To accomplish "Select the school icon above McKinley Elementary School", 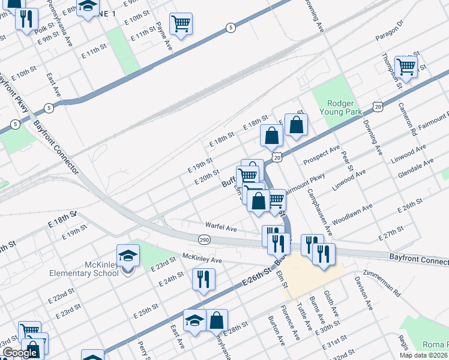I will (128, 256).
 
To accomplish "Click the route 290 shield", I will (203, 239).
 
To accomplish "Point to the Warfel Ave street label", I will (221, 228).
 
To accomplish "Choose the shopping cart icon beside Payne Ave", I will (181, 24).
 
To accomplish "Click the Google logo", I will (20, 353).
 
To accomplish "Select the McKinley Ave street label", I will (202, 259).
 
